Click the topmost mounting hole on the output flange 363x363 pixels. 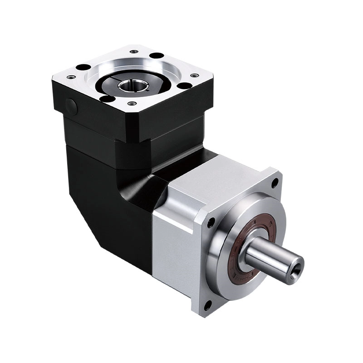tap(275, 183)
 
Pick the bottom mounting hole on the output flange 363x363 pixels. tap(207, 305)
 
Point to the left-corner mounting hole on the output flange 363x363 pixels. tap(211, 223)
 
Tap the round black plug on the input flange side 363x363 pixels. tap(71, 105)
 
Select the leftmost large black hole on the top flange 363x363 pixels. tap(83, 67)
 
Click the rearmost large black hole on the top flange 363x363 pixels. tap(156, 56)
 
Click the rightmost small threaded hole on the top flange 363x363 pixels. tap(194, 75)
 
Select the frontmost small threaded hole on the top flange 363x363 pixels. tap(132, 104)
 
